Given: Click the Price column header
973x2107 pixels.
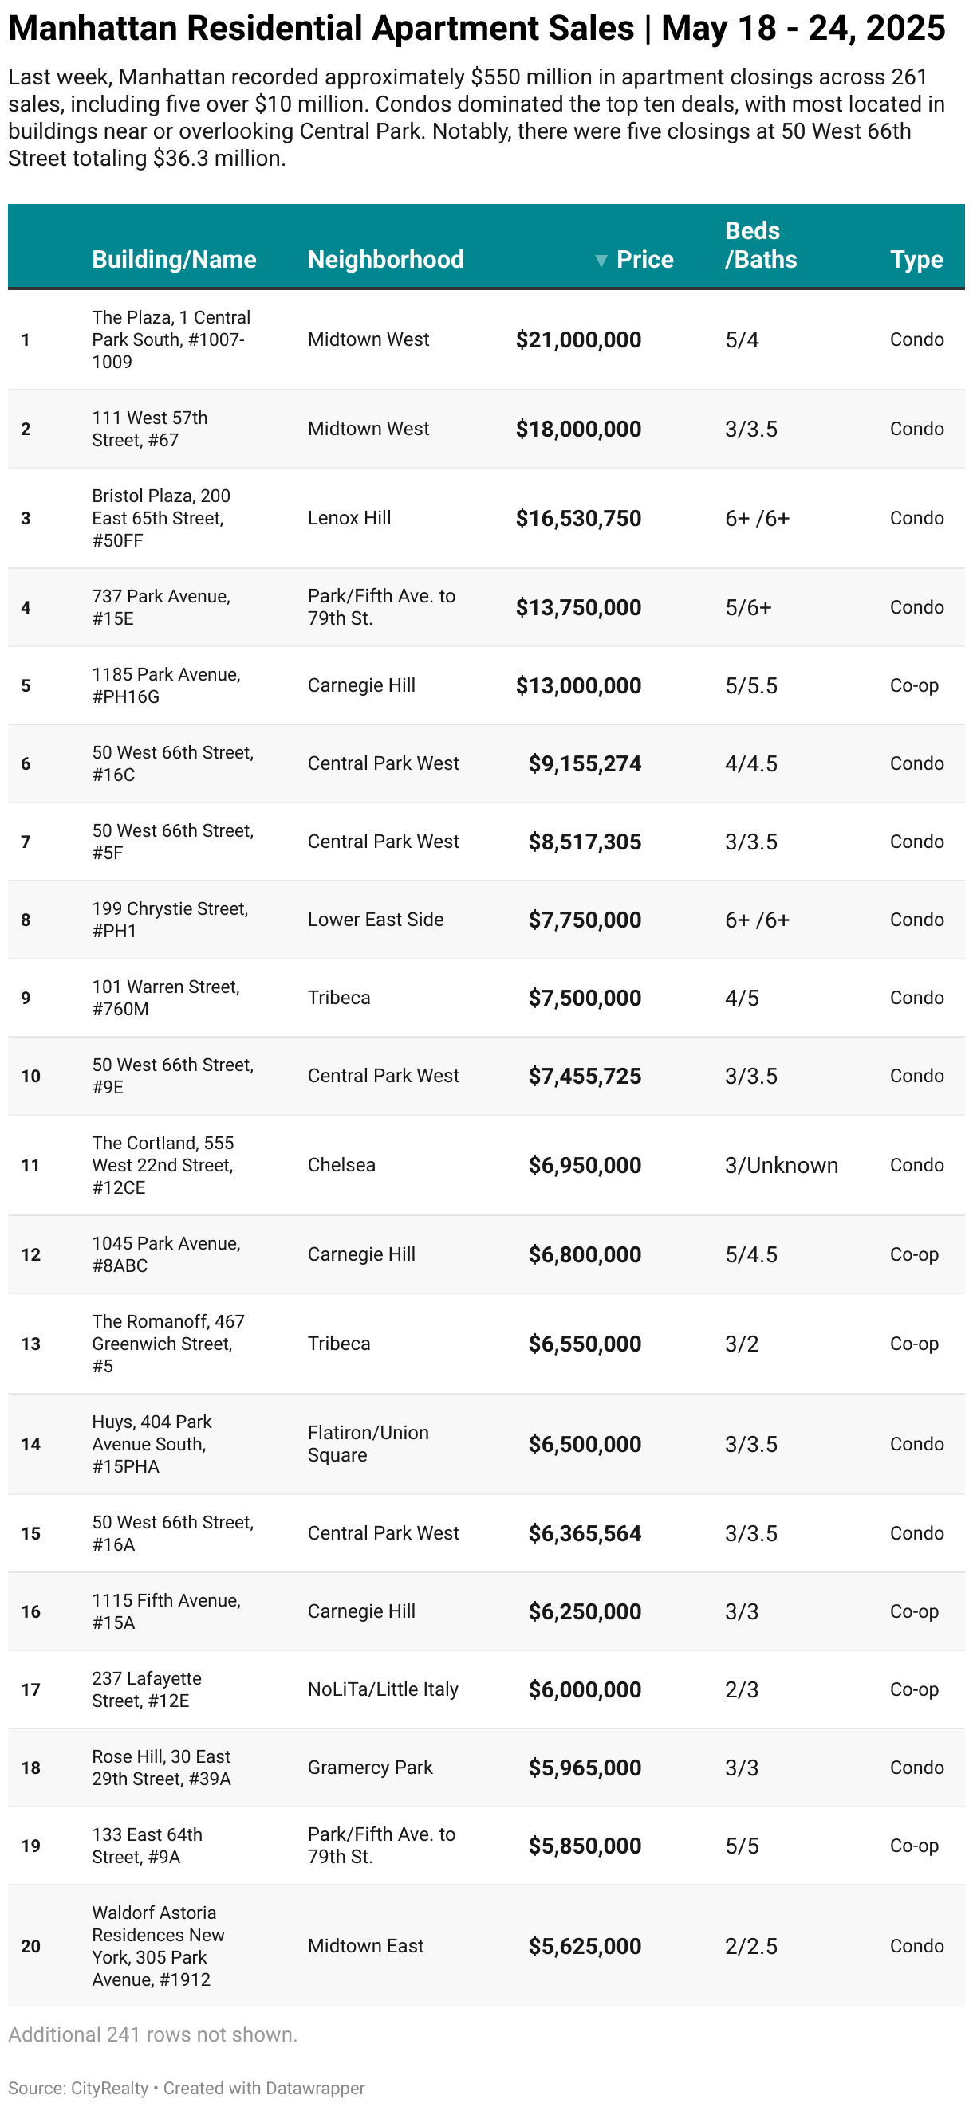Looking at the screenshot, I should pos(644,259).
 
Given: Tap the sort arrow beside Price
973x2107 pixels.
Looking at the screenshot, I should pos(601,260).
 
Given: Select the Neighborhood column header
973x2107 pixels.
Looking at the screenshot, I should pos(385,259).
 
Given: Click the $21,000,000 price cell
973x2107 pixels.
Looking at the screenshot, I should pos(577,339).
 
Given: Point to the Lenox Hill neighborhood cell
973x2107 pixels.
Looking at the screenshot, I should pos(349,518).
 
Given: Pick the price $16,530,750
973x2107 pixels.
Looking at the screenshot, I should pos(577,519).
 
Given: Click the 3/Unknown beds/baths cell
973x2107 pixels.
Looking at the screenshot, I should pos(781,1165).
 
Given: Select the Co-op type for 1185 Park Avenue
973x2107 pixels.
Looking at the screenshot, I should pos(913,685).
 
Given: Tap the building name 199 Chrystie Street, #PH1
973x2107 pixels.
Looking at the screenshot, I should pos(169,920).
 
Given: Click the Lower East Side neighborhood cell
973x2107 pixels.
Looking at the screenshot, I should pos(375,920).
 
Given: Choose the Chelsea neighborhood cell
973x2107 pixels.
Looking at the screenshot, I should pos(341,1165).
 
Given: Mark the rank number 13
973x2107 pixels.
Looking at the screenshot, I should pos(30,1344).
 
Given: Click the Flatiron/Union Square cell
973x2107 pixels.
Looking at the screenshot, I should pos(368,1444).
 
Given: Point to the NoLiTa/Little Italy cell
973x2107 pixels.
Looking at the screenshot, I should pos(382,1689).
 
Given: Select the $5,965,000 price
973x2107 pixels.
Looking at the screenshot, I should pos(585,1768).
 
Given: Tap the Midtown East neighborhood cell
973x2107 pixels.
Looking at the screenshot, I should pos(365,1946).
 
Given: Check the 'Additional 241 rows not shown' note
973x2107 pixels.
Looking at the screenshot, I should pos(153,2034).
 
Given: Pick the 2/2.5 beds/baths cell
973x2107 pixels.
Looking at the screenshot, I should pos(750,1946).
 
